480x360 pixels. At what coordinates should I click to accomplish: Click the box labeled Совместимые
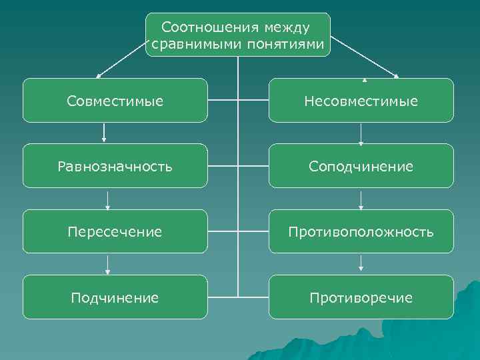point(115,101)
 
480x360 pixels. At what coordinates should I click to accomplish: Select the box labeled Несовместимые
point(361,101)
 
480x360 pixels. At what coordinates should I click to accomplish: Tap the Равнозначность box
point(115,166)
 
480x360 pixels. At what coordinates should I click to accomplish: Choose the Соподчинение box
point(361,166)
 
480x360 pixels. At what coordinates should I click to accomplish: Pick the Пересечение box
point(115,231)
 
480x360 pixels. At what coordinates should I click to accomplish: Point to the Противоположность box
point(361,231)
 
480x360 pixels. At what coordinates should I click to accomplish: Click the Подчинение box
point(115,297)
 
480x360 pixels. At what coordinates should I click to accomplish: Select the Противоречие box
point(361,297)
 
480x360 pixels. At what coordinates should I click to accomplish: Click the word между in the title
point(287,28)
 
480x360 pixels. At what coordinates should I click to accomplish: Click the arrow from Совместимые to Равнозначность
point(105,133)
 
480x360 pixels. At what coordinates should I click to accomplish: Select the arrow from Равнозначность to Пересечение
point(107,199)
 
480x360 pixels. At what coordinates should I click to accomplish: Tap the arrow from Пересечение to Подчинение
point(107,264)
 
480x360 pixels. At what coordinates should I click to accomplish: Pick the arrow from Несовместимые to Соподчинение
point(361,133)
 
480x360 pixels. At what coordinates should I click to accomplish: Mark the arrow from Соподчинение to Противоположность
point(361,199)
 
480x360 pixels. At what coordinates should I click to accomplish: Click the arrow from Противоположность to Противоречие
point(361,264)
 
